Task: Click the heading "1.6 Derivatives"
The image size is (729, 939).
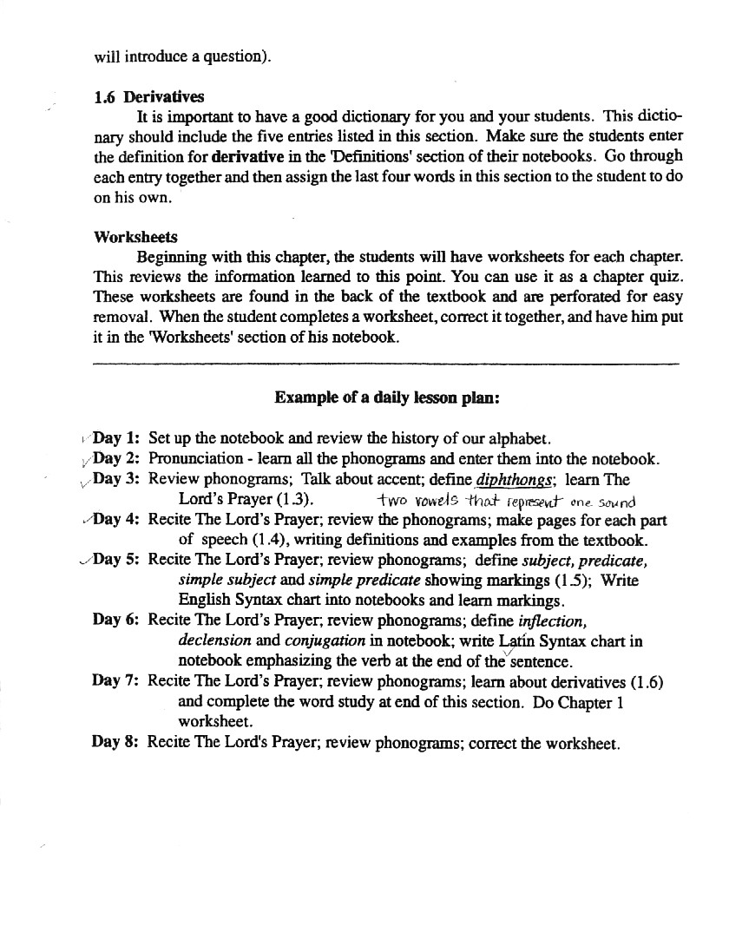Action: (x=148, y=97)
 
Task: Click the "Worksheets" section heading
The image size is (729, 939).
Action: (x=135, y=237)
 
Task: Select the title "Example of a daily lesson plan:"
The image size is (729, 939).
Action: (x=386, y=397)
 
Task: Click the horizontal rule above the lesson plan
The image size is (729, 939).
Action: (x=386, y=362)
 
